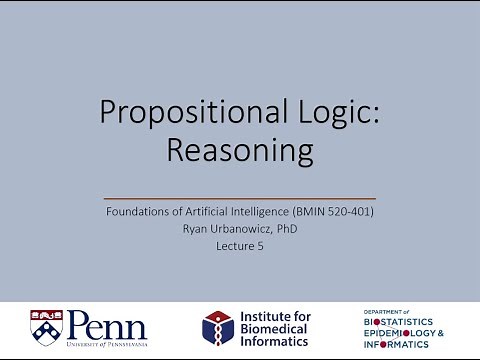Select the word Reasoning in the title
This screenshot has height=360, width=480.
(240, 151)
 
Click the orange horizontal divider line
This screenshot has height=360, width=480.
(240, 198)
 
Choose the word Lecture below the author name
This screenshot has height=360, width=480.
(234, 244)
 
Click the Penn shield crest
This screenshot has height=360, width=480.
(48, 326)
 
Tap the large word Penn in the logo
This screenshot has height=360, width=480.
(107, 323)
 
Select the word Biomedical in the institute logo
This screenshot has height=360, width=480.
(276, 327)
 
